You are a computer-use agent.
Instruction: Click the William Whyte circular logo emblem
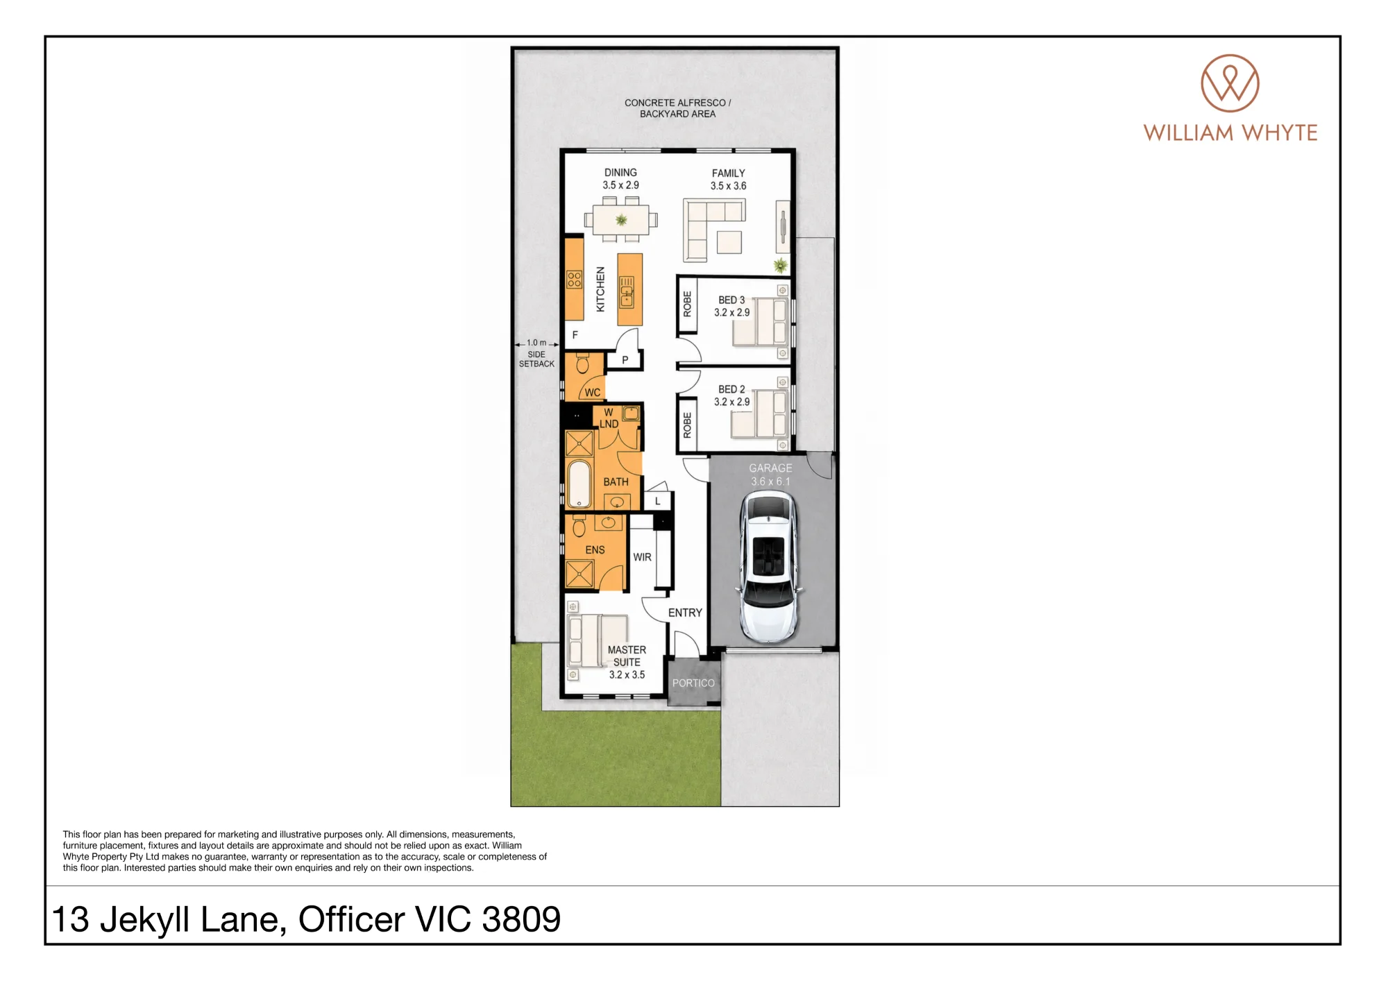coord(1230,83)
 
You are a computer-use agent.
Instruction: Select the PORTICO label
coord(693,683)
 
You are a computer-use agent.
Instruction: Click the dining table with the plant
coord(621,220)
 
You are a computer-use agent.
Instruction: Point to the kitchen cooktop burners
coord(574,280)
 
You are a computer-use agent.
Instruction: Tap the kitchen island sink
coord(627,292)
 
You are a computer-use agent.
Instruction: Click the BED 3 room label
coord(731,300)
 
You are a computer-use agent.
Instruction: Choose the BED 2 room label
coord(731,390)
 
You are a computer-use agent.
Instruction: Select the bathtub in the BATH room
coord(579,484)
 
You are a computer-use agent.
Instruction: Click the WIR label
coord(642,557)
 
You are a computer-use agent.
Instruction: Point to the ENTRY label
coord(685,613)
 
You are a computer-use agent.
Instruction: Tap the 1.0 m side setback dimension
coord(536,343)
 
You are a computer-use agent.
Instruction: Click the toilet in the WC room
coord(582,362)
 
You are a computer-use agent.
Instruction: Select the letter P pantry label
coord(625,360)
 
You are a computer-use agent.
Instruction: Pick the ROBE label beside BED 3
coord(687,304)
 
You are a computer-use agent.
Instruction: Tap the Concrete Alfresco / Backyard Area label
coord(677,108)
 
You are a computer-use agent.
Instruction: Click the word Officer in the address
coord(351,920)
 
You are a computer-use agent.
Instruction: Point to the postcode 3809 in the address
coord(521,920)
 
